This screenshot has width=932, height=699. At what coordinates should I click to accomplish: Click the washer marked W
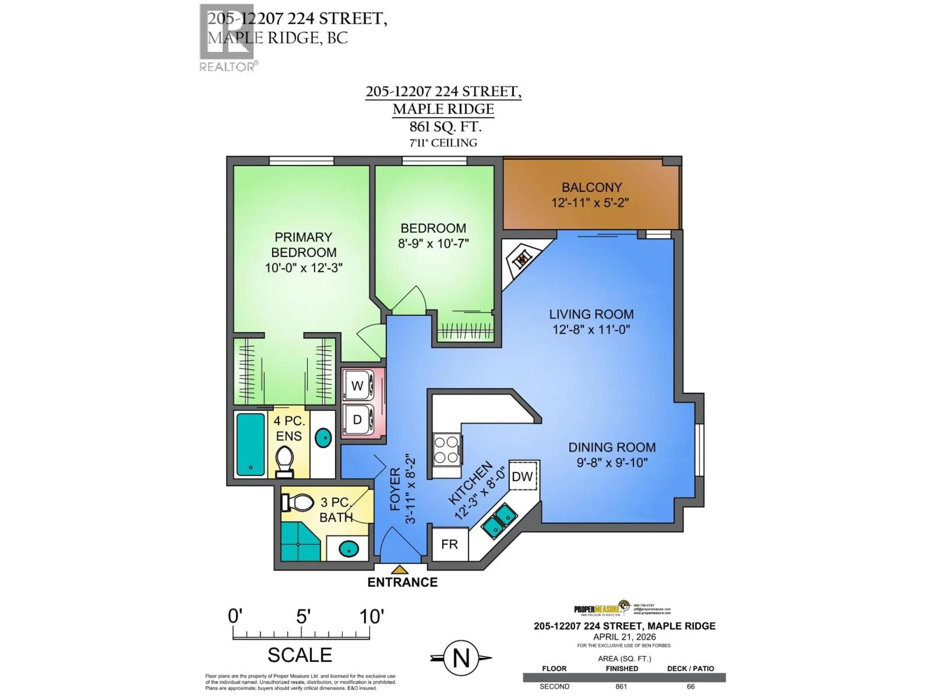pos(357,385)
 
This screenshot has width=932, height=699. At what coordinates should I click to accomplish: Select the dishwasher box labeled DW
pos(523,476)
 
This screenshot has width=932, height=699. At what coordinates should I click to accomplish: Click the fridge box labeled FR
pos(449,544)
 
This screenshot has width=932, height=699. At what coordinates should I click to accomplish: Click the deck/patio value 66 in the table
pos(690,686)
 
